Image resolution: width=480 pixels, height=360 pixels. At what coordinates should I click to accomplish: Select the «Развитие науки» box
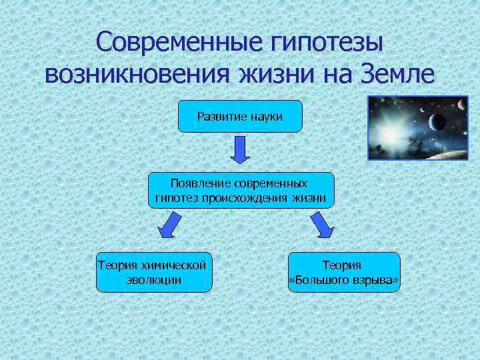[240, 116]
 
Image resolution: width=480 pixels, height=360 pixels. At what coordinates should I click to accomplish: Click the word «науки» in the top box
[266, 117]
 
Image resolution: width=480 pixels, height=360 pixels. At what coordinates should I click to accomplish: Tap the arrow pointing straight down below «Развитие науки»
[240, 150]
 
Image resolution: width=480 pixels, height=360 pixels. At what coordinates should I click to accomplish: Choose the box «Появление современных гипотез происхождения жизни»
[240, 189]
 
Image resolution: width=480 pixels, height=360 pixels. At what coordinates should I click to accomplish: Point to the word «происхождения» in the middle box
[251, 198]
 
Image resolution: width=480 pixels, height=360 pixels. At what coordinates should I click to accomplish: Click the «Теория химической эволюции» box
[154, 272]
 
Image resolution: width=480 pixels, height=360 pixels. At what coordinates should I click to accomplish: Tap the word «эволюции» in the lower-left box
[154, 279]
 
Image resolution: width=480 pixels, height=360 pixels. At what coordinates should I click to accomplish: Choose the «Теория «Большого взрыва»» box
[344, 272]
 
